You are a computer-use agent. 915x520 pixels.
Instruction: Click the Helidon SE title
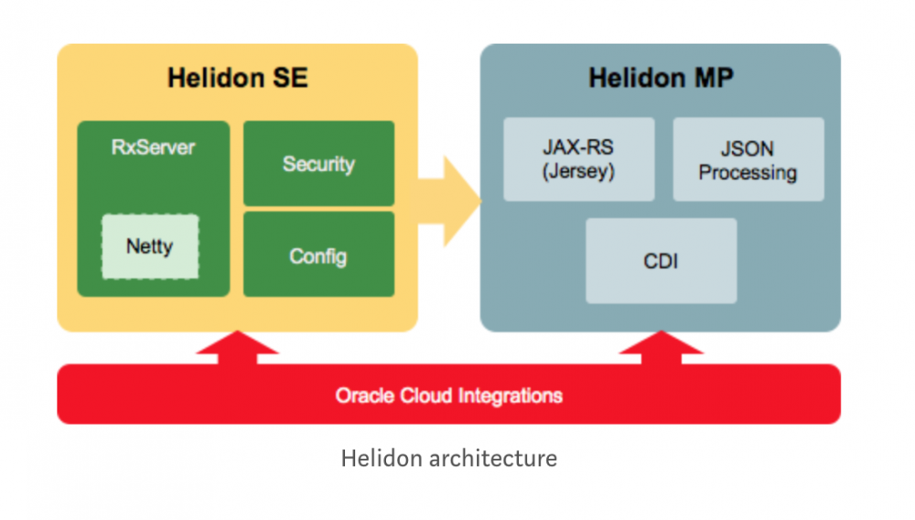pos(237,78)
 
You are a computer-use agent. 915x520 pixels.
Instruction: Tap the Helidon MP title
pos(661,78)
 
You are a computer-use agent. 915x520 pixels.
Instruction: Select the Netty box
pos(149,246)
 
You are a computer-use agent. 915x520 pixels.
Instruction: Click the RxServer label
pos(153,147)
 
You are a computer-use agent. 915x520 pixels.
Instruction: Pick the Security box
pos(318,164)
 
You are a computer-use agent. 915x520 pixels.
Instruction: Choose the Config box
pos(318,255)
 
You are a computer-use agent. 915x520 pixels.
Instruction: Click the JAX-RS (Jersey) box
pos(578,159)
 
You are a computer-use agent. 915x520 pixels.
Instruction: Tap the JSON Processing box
pos(748,159)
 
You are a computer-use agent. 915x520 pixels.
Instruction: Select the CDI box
pos(661,261)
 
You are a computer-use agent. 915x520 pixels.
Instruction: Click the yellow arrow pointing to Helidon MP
pos(452,201)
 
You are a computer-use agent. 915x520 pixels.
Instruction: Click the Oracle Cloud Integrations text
pos(448,396)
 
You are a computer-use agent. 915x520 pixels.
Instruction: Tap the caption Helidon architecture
pos(448,458)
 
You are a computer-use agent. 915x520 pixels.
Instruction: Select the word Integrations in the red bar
pos(511,396)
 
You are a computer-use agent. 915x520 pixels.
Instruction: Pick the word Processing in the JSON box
pos(748,172)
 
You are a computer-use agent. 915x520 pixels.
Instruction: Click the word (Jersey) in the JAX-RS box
pos(578,172)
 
